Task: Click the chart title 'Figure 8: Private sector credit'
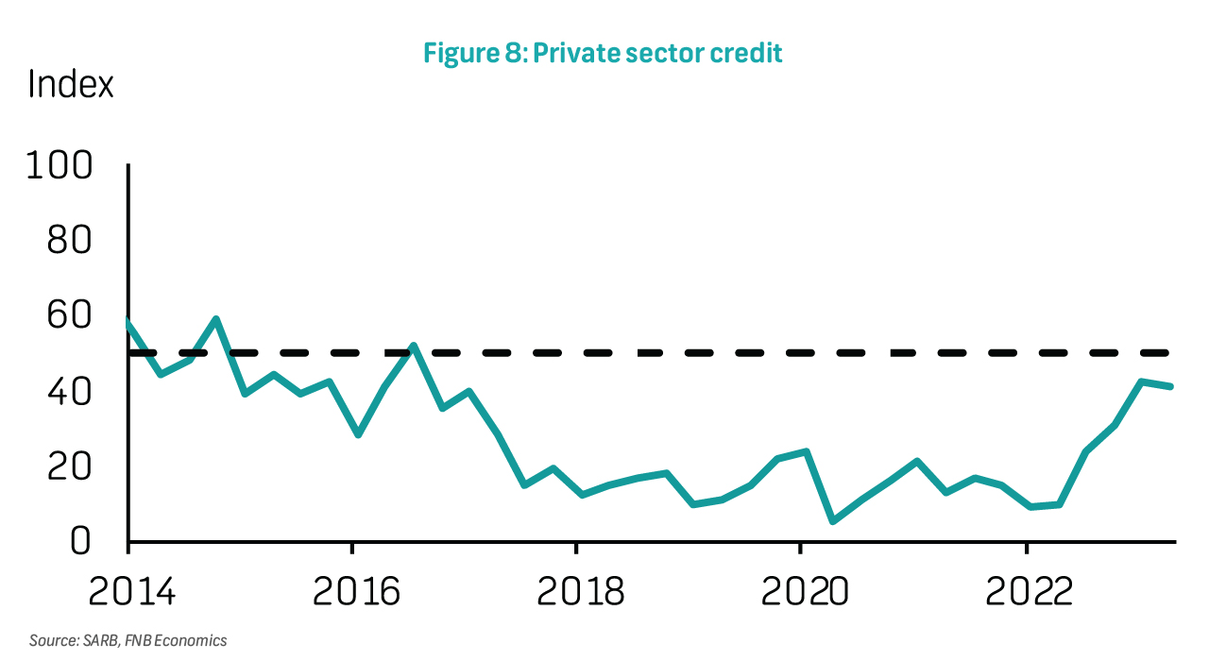tap(603, 53)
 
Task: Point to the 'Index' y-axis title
tap(71, 85)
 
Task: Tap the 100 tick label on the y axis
tap(60, 166)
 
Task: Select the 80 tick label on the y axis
tap(71, 241)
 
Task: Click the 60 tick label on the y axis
tap(71, 315)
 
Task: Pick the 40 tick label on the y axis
tap(71, 391)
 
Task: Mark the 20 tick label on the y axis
tap(71, 466)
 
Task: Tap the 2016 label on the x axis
tap(353, 591)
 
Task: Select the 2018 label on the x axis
tap(577, 591)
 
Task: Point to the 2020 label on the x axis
tap(802, 591)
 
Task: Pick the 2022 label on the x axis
tap(1026, 591)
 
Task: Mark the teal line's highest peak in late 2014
tap(217, 319)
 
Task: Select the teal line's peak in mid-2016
tap(413, 346)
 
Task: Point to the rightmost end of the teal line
tap(1172, 386)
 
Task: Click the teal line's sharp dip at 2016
tap(358, 434)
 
